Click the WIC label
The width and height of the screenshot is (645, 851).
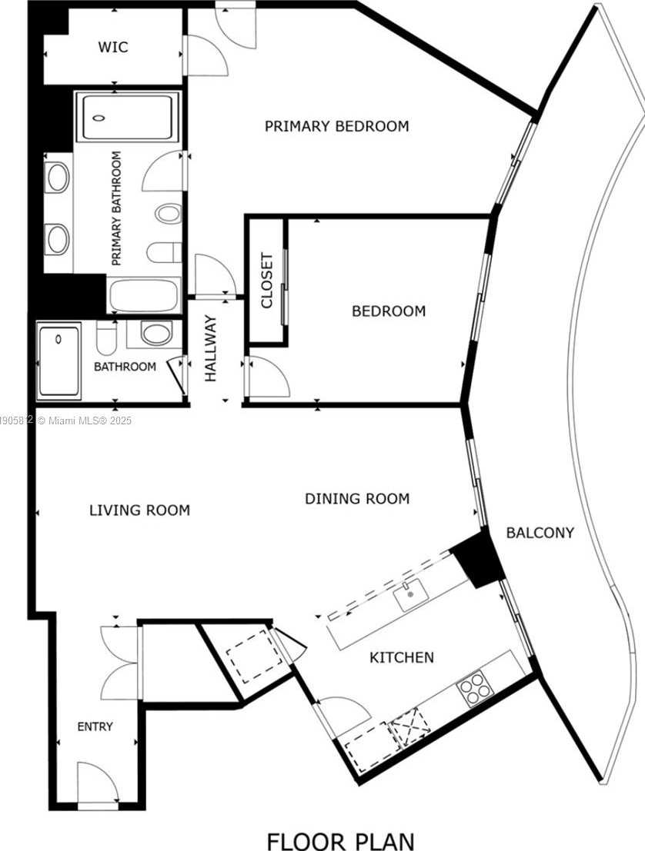coord(112,48)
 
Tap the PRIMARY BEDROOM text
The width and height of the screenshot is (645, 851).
coord(336,126)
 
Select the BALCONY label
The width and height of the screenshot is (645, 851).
coord(540,532)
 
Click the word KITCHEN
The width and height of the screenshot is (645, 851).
coord(401,657)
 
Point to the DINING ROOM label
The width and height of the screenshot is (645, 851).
coord(357,499)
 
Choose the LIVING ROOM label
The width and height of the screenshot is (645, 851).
coord(139,510)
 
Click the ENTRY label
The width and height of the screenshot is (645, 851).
coord(95,726)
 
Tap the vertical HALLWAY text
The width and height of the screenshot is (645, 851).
coord(211,349)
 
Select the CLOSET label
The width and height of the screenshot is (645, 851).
coord(267,281)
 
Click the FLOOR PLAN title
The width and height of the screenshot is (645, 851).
coord(340,840)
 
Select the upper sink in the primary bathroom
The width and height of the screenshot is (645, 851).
coord(58,177)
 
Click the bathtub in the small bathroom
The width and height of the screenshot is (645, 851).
coord(59,361)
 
